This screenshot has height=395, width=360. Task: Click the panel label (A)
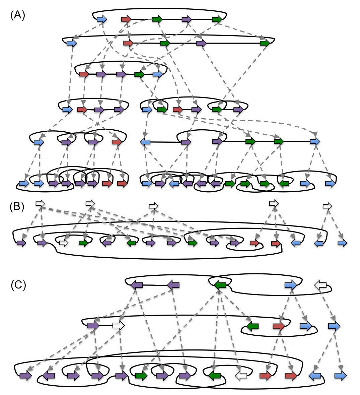tap(18, 15)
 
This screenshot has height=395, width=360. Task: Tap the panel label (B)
tap(17, 207)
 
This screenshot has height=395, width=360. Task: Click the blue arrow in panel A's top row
tap(102, 19)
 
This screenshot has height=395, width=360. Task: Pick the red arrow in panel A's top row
tap(126, 19)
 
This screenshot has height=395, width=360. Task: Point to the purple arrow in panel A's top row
tap(187, 19)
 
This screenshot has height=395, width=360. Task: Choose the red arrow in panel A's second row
tap(128, 43)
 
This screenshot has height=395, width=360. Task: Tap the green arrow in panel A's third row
tap(139, 74)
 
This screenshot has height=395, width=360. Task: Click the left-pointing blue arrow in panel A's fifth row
tap(145, 142)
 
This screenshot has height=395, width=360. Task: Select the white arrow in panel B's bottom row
tap(64, 243)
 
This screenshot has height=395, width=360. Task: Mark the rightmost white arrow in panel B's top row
tap(327, 206)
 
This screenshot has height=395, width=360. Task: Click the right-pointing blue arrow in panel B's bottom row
tap(342, 243)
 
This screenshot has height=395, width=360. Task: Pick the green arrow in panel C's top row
tap(220, 285)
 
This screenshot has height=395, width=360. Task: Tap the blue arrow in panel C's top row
tap(291, 285)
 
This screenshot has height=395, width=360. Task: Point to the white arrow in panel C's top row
tap(320, 285)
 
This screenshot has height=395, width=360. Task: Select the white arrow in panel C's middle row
tap(119, 325)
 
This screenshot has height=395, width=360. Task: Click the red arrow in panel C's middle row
tap(279, 326)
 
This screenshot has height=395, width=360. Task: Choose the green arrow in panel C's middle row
tap(253, 326)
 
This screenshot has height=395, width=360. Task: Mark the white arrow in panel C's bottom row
tap(241, 376)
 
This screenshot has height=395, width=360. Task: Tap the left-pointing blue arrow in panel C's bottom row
tap(315, 376)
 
